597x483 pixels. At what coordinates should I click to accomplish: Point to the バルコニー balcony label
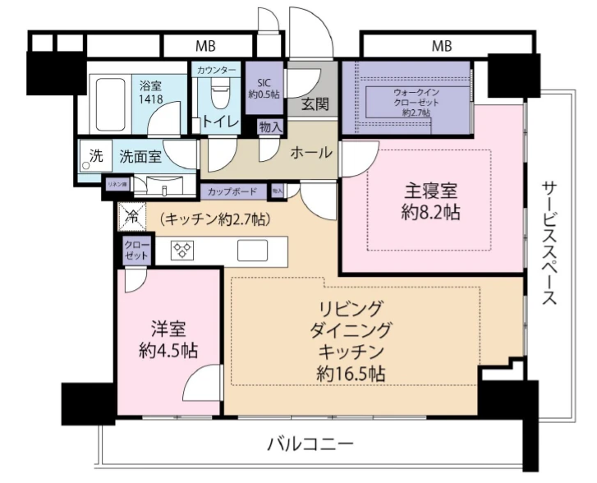pyautogui.click(x=310, y=444)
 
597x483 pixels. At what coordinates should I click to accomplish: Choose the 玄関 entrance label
pyautogui.click(x=314, y=104)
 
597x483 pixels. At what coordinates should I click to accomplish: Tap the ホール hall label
pyautogui.click(x=311, y=152)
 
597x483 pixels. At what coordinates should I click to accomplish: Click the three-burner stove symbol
pyautogui.click(x=182, y=251)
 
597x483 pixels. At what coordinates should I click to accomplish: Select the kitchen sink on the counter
pyautogui.click(x=250, y=250)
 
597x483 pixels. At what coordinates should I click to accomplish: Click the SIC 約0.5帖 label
pyautogui.click(x=265, y=88)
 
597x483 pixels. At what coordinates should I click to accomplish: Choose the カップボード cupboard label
pyautogui.click(x=230, y=191)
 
